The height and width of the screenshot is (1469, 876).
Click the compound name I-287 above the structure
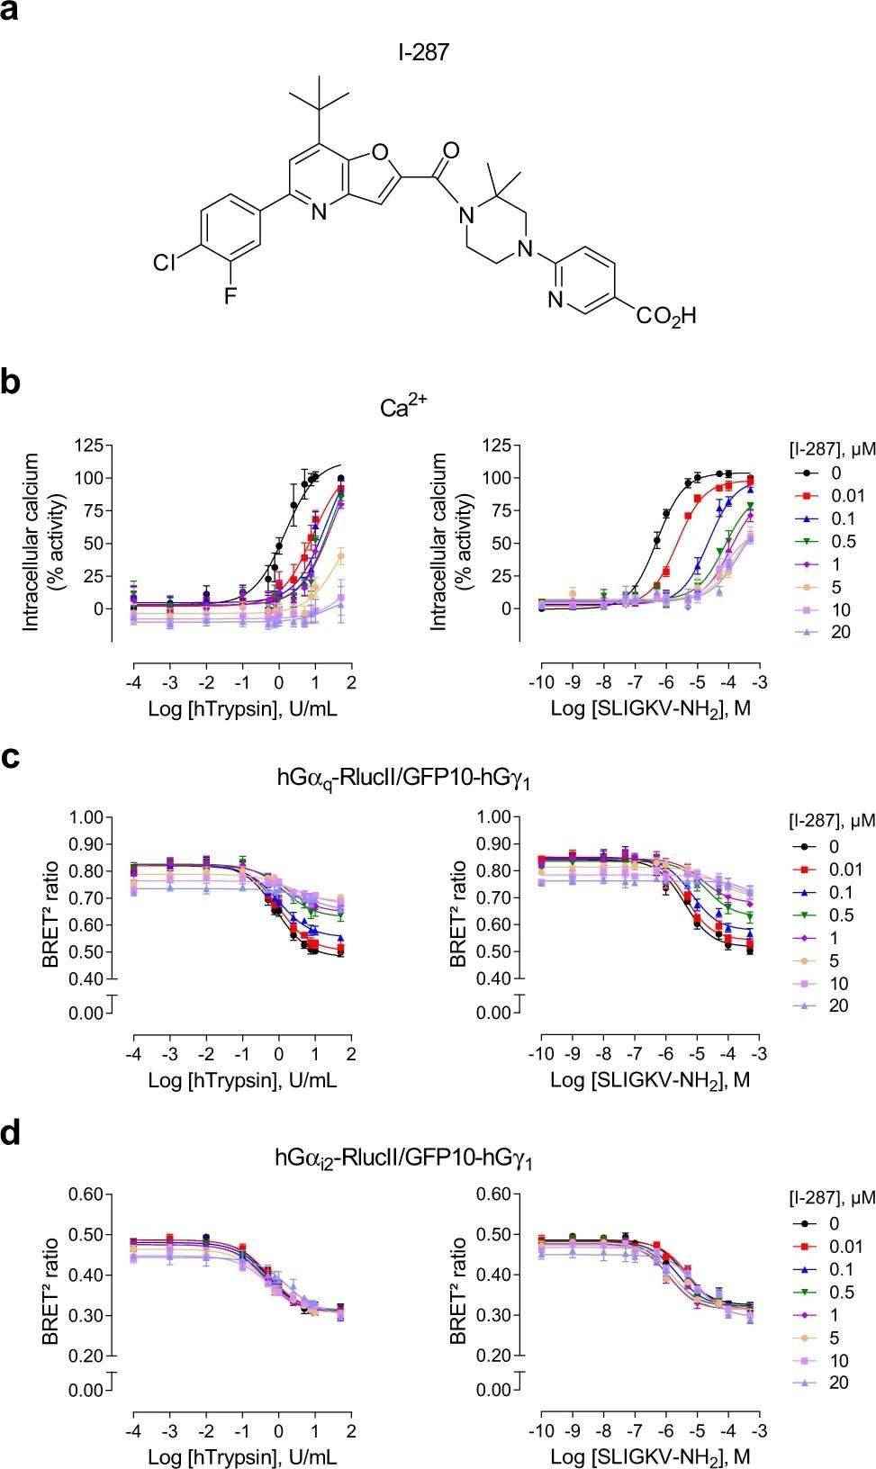[423, 53]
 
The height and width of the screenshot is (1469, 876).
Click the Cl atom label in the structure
[165, 263]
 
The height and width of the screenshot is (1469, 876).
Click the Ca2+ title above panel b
[402, 407]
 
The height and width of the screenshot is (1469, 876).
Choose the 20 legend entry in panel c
[837, 1005]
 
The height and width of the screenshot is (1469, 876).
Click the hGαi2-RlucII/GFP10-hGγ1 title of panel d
[402, 1158]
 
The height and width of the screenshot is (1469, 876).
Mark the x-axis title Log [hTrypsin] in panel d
[242, 1456]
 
